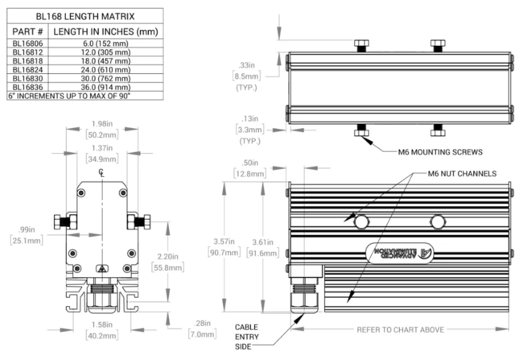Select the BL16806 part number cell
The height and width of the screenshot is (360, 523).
[27, 44]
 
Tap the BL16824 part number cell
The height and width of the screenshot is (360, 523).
[27, 70]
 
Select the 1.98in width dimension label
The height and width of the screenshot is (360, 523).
[102, 123]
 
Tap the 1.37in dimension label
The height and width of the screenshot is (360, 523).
[102, 148]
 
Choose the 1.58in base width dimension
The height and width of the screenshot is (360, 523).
[102, 325]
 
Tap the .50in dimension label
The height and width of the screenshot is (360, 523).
[261, 164]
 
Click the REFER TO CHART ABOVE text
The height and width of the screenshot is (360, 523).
[401, 329]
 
